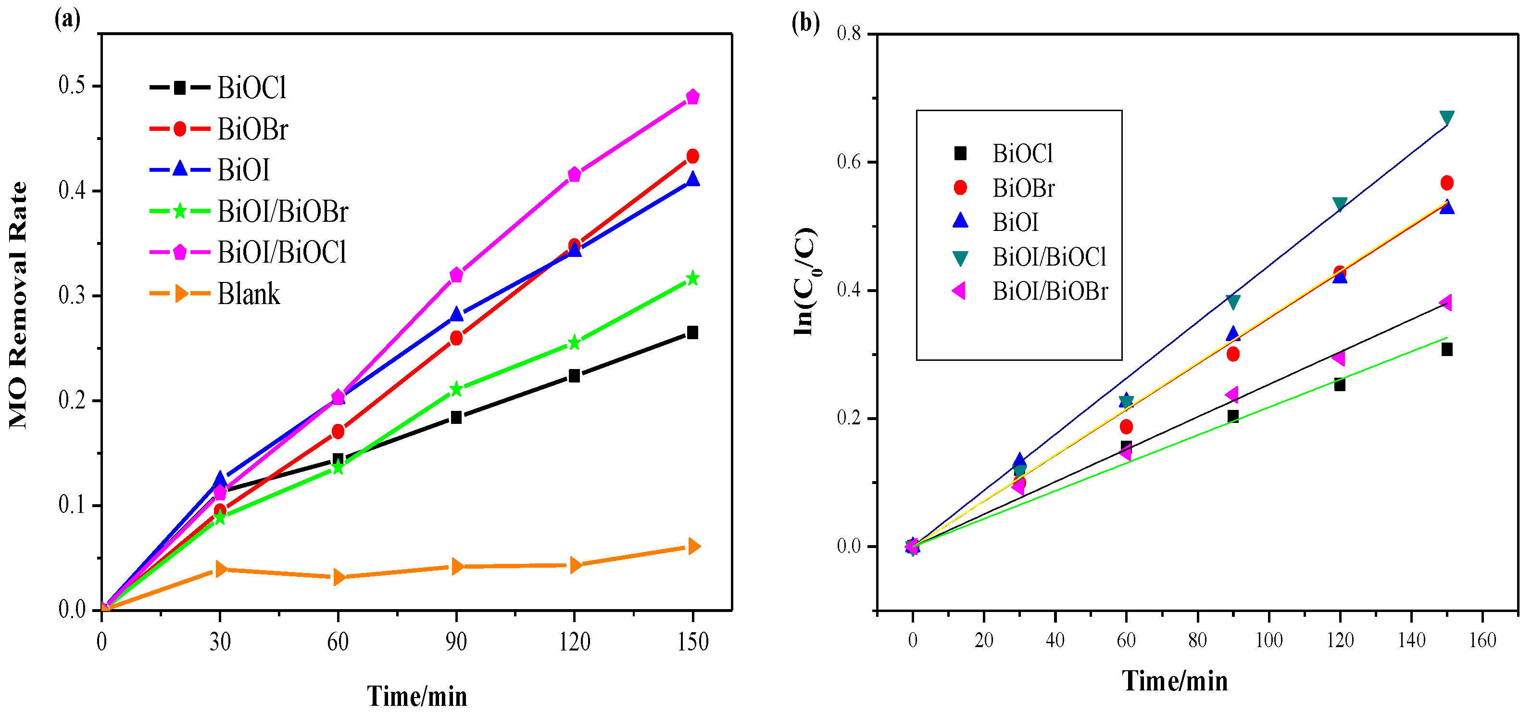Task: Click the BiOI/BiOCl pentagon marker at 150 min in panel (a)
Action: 692,97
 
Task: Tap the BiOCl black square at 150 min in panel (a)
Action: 692,332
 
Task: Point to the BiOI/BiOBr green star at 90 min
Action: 456,389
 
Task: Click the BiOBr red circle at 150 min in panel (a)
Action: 692,156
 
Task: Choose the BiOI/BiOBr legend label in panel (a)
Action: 282,212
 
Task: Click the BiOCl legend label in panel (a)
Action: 251,88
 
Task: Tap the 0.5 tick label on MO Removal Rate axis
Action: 71,86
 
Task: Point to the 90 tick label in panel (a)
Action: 456,641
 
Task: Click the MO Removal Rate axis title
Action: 19,305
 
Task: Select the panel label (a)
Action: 67,19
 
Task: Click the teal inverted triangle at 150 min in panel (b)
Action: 1447,118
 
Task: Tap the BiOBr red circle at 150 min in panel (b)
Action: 1447,183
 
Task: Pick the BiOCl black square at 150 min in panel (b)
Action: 1447,349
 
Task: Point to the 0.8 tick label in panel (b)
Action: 849,33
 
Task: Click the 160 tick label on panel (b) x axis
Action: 1482,640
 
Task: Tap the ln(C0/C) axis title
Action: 806,281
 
